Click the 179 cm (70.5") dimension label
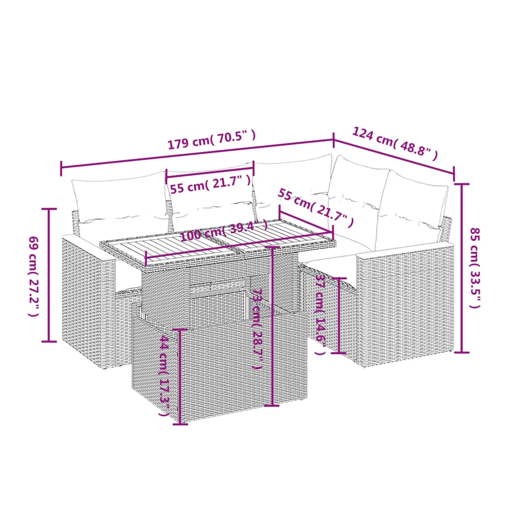click(212, 139)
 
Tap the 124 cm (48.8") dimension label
click(395, 144)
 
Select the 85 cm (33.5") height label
click(475, 268)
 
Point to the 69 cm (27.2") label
click(34, 276)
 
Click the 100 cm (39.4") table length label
click(224, 230)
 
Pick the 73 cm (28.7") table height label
click(258, 328)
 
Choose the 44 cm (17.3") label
click(164, 376)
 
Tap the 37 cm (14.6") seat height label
click(321, 314)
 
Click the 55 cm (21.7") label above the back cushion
click(211, 184)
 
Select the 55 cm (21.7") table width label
click(315, 208)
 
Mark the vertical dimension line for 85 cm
click(462, 268)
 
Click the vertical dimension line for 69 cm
click(49, 275)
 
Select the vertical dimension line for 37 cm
click(339, 315)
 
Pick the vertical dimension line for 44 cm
click(180, 376)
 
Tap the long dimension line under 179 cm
click(197, 154)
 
